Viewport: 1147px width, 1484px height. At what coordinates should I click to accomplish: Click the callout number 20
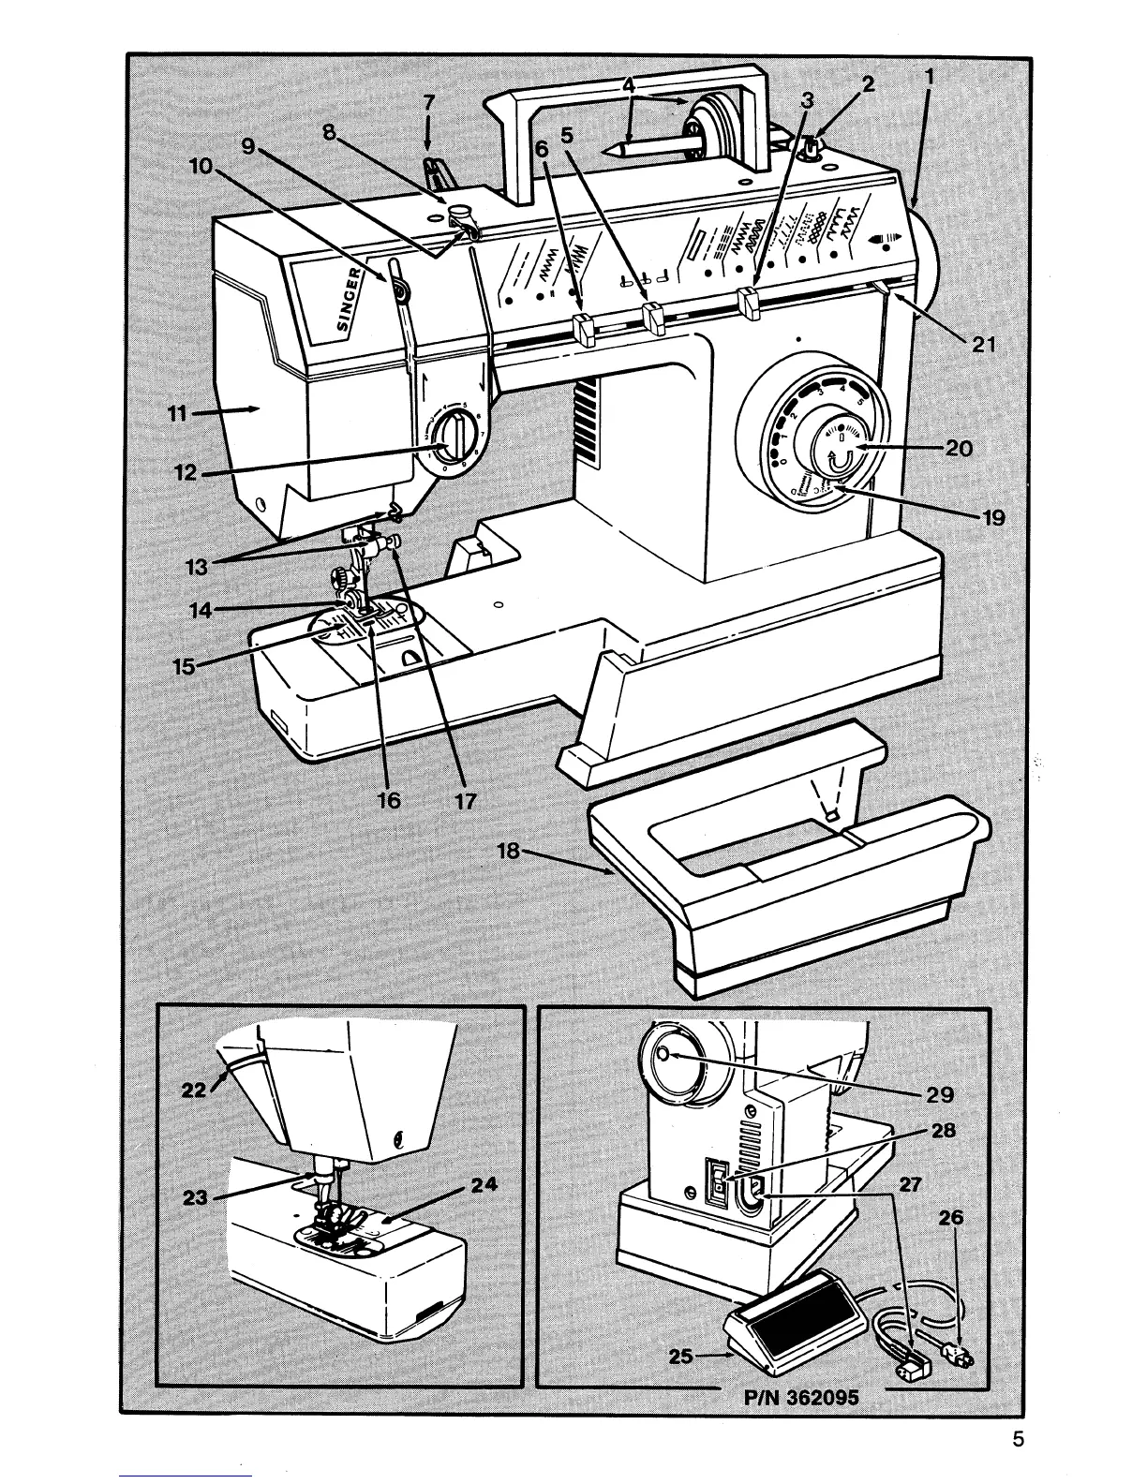click(x=959, y=449)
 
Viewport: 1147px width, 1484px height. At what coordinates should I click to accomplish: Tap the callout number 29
click(x=939, y=1094)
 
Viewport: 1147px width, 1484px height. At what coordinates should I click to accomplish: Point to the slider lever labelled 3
click(x=748, y=302)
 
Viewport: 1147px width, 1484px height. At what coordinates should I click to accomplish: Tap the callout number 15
click(x=184, y=666)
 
